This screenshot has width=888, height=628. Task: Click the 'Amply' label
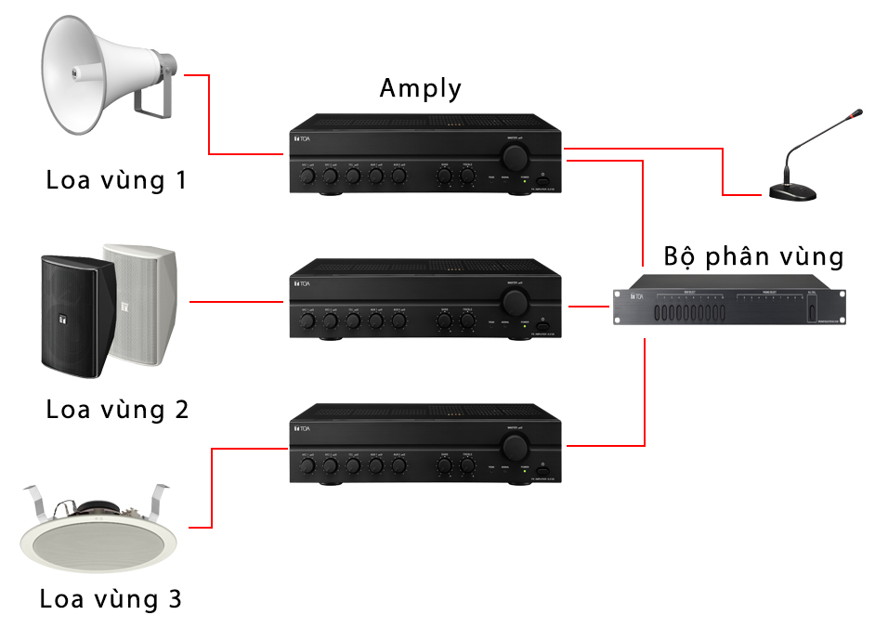(x=420, y=88)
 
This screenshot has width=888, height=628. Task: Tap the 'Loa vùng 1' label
(x=116, y=179)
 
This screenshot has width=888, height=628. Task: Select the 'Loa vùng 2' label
(x=117, y=409)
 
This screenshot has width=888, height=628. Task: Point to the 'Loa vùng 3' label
(x=111, y=599)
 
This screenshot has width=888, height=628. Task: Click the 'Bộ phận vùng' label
(x=754, y=255)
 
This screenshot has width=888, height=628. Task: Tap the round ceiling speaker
(x=98, y=538)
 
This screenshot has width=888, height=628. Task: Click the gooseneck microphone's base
(x=792, y=192)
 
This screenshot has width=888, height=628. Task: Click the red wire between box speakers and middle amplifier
(x=237, y=302)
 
